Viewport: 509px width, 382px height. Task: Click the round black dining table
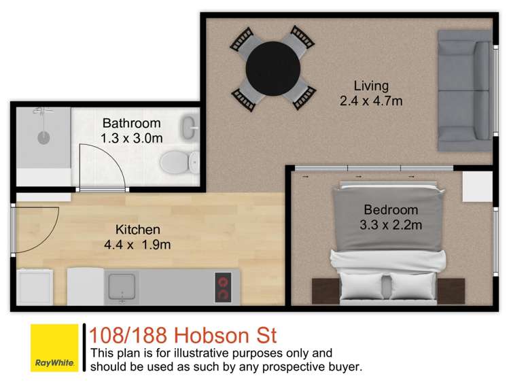(272, 68)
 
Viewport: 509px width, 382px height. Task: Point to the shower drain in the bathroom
(43, 137)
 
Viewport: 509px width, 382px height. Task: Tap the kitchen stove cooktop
(223, 287)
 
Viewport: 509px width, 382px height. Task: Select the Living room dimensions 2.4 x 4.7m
(371, 101)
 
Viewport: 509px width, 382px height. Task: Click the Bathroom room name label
(131, 123)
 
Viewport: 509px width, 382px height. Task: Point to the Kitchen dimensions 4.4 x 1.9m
(137, 245)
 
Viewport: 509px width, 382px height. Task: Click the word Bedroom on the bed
(390, 209)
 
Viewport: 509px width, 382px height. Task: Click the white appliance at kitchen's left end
(35, 287)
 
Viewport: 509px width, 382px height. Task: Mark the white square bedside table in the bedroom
(477, 186)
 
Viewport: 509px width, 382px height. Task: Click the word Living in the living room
(371, 86)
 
